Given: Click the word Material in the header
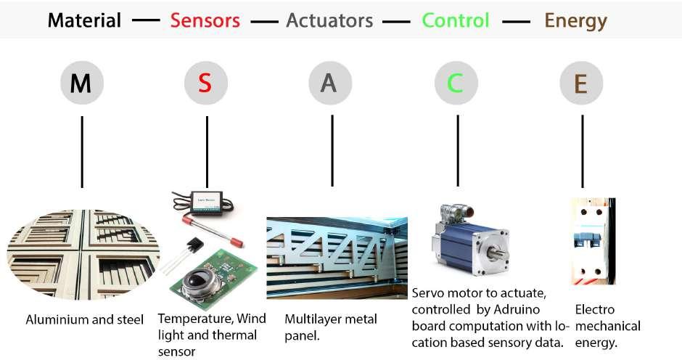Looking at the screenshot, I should (x=84, y=20).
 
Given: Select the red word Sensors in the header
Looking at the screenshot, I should (x=205, y=20).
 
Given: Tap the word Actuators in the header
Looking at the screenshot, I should (x=329, y=20).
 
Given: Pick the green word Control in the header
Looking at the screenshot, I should (x=456, y=20).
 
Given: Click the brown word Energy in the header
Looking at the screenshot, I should (x=575, y=20).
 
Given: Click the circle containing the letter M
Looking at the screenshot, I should (x=81, y=84).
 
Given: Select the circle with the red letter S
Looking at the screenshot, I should (x=205, y=84).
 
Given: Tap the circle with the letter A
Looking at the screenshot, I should (x=329, y=84).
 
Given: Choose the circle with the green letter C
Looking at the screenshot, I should (x=456, y=84).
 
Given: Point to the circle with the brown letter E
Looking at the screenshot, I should (x=580, y=84).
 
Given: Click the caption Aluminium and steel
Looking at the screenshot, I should (x=85, y=319).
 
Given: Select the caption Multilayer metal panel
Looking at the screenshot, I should (x=331, y=327).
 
